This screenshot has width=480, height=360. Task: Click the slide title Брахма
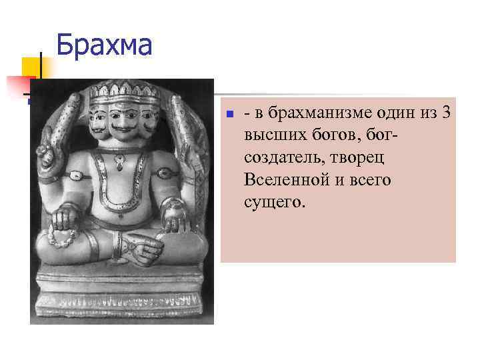click(104, 45)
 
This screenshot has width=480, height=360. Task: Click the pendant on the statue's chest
click(120, 161)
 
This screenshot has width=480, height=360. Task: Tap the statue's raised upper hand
click(47, 148)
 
